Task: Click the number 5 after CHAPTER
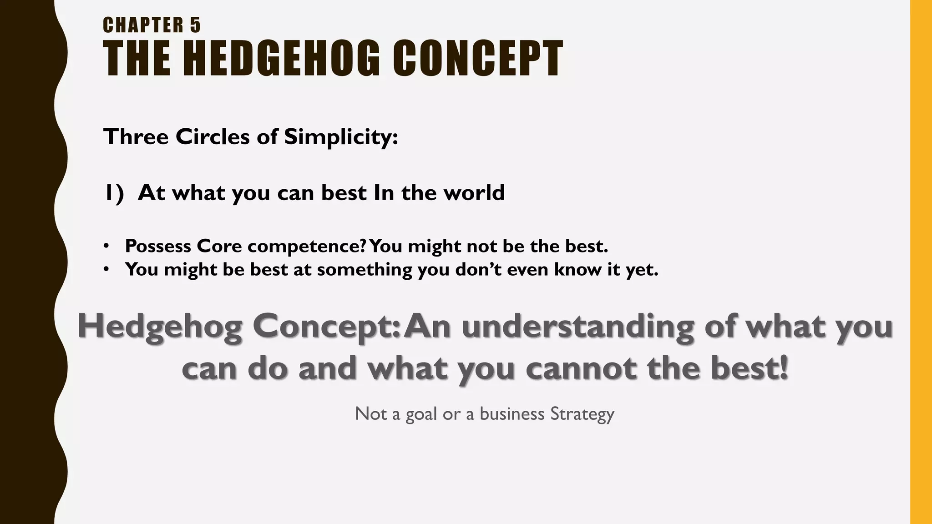pyautogui.click(x=195, y=25)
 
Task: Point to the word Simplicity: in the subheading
pyautogui.click(x=341, y=137)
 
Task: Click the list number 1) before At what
pyautogui.click(x=114, y=193)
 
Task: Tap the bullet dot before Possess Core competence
pyautogui.click(x=106, y=246)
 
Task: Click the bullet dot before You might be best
pyautogui.click(x=106, y=270)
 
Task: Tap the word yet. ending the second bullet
pyautogui.click(x=642, y=270)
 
